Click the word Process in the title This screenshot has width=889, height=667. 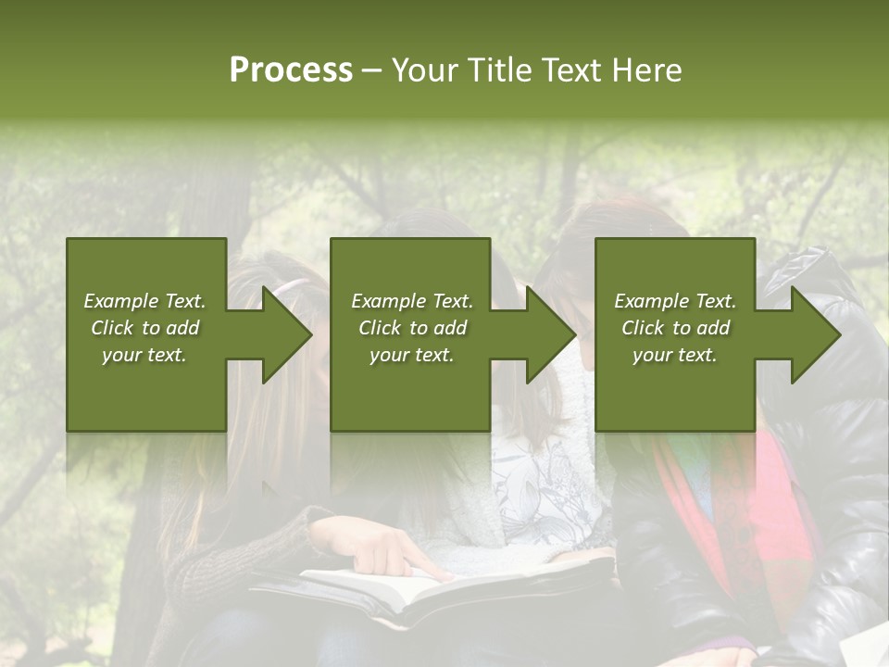pyautogui.click(x=291, y=70)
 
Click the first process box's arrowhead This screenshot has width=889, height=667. pyautogui.click(x=287, y=334)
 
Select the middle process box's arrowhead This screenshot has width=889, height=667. pyautogui.click(x=551, y=334)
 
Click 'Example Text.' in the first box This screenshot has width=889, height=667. pyautogui.click(x=144, y=301)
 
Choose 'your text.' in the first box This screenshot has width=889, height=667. pyautogui.click(x=144, y=355)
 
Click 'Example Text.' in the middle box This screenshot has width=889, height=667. pyautogui.click(x=411, y=301)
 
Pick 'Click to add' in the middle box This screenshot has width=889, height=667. pyautogui.click(x=411, y=328)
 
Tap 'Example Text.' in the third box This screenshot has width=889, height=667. pyautogui.click(x=674, y=301)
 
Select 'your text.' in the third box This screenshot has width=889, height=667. pyautogui.click(x=674, y=355)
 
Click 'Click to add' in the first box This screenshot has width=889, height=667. pyautogui.click(x=144, y=328)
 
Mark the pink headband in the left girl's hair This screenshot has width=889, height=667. pyautogui.click(x=294, y=284)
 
